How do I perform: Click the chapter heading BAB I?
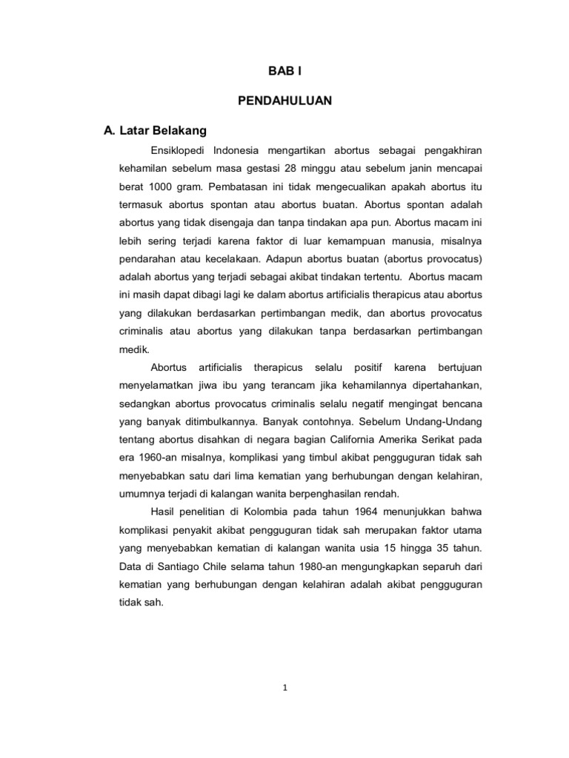[x=284, y=72]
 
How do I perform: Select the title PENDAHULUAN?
[x=284, y=101]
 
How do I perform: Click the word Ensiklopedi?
[x=176, y=150]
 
